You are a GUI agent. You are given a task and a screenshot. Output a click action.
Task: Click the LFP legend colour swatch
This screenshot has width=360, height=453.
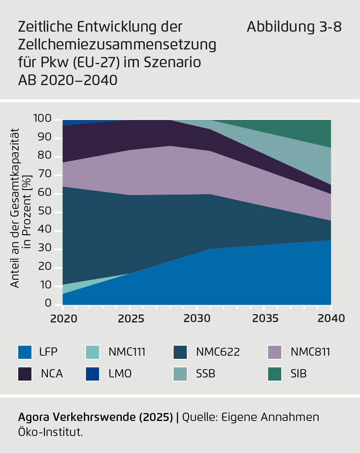click(25, 352)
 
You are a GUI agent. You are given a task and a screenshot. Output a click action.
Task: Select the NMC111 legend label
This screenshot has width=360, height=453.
click(127, 352)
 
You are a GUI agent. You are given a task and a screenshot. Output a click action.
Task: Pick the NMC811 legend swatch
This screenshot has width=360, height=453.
click(275, 352)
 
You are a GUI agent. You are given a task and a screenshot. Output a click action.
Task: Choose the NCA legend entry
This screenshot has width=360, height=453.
click(52, 373)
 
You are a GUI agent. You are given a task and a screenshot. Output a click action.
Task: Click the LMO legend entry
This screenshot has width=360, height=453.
click(120, 373)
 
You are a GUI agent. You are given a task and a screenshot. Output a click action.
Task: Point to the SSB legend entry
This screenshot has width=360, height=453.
click(205, 373)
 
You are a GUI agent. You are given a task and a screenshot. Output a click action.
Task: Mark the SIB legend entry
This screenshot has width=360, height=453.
click(298, 373)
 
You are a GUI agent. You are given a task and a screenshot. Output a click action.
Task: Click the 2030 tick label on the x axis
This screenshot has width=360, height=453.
click(197, 318)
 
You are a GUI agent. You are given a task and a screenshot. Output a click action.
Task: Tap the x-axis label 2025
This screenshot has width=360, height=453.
click(129, 318)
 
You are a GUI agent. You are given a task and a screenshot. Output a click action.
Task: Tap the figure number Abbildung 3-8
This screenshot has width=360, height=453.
click(294, 27)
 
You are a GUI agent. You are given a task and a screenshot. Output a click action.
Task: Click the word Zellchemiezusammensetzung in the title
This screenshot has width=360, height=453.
click(117, 45)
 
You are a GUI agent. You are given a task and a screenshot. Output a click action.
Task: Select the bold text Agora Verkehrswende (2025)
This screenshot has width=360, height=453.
click(96, 417)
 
